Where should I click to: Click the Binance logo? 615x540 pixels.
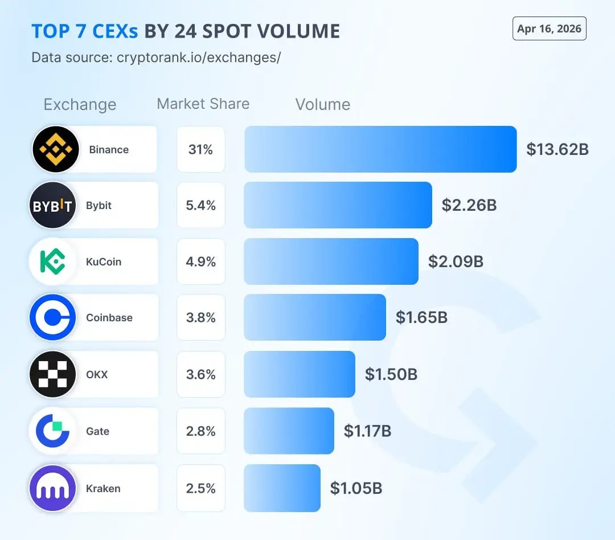(x=56, y=149)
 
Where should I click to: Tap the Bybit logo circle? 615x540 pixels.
(x=52, y=205)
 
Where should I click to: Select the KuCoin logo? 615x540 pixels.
(x=52, y=261)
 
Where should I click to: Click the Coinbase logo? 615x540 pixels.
(x=52, y=317)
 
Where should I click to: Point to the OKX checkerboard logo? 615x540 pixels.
(x=52, y=374)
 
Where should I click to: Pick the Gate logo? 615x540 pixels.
(x=52, y=431)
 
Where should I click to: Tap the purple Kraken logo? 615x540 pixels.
(x=52, y=488)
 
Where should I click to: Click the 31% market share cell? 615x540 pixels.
(x=200, y=149)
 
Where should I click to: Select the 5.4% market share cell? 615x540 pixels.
(x=200, y=205)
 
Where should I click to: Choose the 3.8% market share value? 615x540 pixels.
(x=200, y=317)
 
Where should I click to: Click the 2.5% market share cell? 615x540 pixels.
(x=200, y=488)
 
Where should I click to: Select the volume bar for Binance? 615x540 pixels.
(x=380, y=149)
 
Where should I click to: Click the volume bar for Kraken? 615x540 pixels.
(x=282, y=488)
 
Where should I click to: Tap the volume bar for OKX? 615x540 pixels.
(x=299, y=374)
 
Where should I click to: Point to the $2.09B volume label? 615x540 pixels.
(x=456, y=261)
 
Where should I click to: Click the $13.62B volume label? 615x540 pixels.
(x=557, y=149)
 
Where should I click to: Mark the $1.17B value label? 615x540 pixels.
(x=367, y=431)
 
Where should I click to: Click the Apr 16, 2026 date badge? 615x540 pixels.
(x=549, y=29)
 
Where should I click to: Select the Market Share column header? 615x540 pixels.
(x=203, y=104)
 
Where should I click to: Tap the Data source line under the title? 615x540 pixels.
(x=156, y=58)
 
